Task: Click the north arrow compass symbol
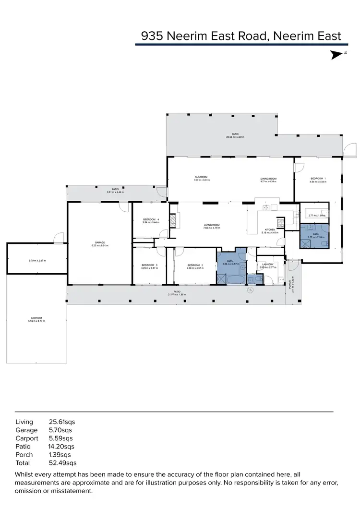(337, 55)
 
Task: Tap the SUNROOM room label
(201, 177)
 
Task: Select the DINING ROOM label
(268, 178)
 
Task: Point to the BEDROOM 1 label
(318, 178)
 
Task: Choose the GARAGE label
(100, 242)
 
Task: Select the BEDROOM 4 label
(150, 220)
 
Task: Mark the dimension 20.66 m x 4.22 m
(235, 137)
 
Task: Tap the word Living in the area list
(24, 422)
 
